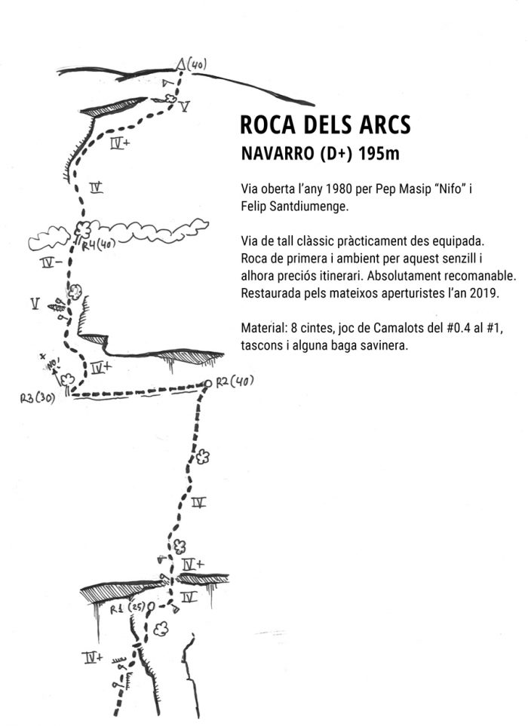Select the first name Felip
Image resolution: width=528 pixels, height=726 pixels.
pyautogui.click(x=255, y=204)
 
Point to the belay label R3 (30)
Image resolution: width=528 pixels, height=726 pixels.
pyautogui.click(x=37, y=397)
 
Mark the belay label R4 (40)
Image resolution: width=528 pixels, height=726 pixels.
pyautogui.click(x=97, y=244)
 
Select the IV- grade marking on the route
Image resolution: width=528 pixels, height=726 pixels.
pyautogui.click(x=53, y=263)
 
